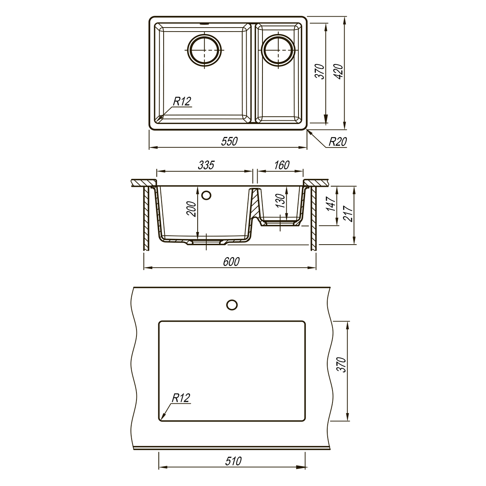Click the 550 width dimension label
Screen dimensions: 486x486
pyautogui.click(x=229, y=141)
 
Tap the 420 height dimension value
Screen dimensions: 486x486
pyautogui.click(x=339, y=72)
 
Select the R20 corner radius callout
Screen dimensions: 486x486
pyautogui.click(x=337, y=142)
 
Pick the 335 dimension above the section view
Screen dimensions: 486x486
pyautogui.click(x=206, y=165)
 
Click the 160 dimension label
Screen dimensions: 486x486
pyautogui.click(x=281, y=165)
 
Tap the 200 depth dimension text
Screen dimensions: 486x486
pyautogui.click(x=191, y=209)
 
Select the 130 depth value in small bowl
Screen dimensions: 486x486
pyautogui.click(x=280, y=200)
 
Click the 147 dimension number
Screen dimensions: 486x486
pyautogui.click(x=330, y=204)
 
